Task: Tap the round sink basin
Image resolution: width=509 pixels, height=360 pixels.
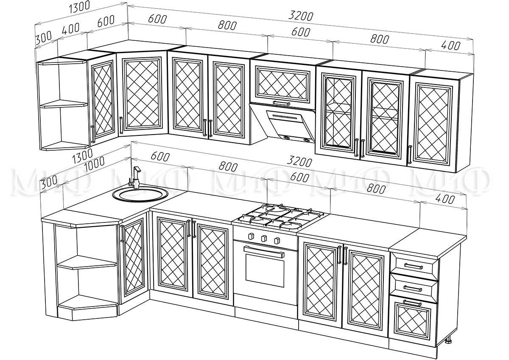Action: (143, 195)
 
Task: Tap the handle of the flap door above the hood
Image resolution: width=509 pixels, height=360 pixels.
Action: (281, 103)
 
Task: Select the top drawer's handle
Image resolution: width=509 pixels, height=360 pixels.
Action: (413, 266)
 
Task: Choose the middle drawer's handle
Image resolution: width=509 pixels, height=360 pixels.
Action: (413, 287)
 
